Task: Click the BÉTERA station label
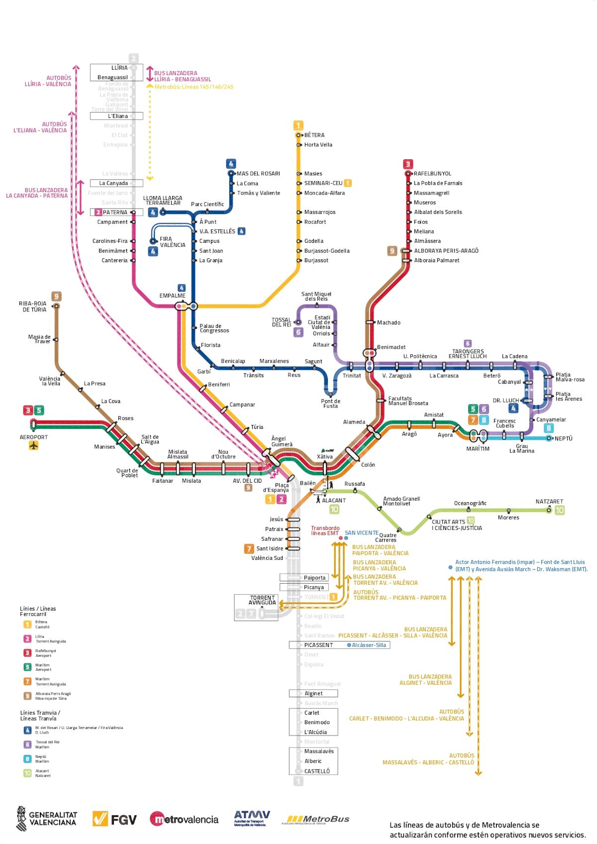[x=314, y=135]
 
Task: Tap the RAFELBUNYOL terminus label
[x=432, y=174]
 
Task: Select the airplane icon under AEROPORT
[x=34, y=446]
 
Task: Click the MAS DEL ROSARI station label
[x=258, y=174]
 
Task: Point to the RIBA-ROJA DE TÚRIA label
[x=33, y=307]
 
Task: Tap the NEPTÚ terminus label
[x=563, y=439]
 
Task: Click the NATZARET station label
[x=549, y=502]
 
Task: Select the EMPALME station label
[x=172, y=296]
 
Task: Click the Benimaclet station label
[x=391, y=347]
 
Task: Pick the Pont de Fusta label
[x=330, y=404]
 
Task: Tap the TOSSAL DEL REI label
[x=281, y=322]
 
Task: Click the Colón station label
[x=368, y=465]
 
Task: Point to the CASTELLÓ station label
[x=317, y=771]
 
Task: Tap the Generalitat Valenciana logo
[x=47, y=819]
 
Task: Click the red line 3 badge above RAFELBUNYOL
[x=408, y=164]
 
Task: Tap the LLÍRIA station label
[x=119, y=68]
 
